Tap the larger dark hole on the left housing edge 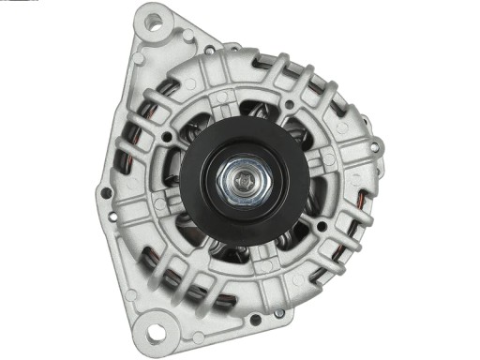point(106,193)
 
